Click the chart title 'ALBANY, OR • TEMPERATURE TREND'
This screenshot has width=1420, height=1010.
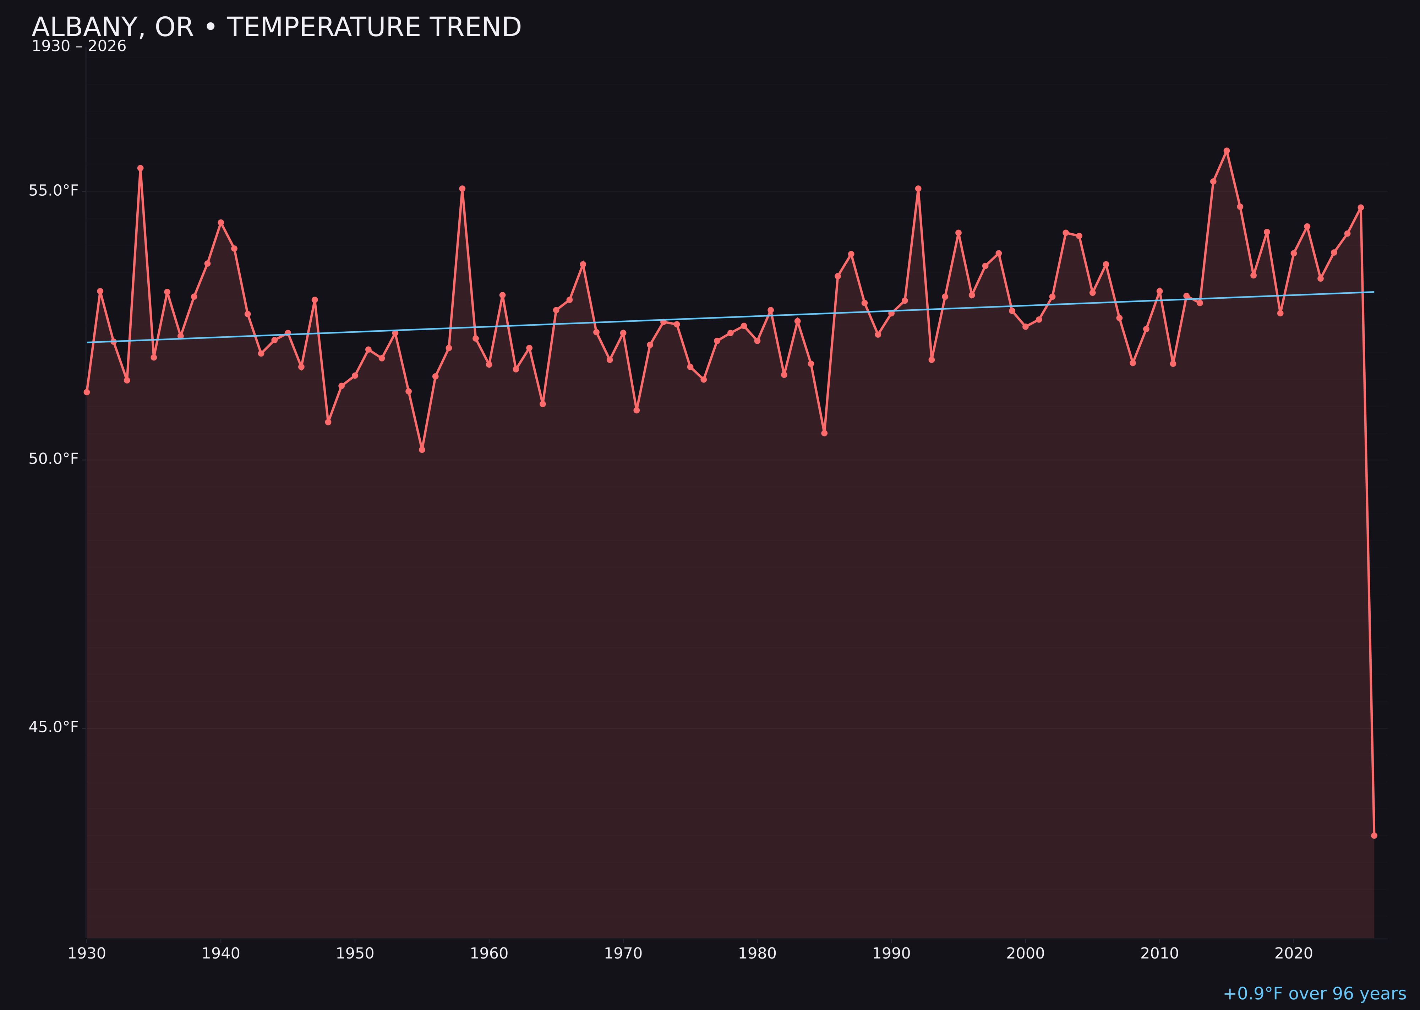(276, 27)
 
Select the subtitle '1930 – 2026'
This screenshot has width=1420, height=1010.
(79, 47)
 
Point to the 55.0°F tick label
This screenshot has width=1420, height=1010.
(54, 190)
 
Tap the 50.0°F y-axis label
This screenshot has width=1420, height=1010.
(54, 459)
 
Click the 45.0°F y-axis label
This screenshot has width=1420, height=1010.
(54, 727)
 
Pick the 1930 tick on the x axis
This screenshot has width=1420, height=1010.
(87, 954)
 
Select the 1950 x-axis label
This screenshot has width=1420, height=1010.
(355, 954)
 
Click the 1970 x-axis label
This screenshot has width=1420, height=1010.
(623, 954)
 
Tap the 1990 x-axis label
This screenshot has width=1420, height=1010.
(891, 954)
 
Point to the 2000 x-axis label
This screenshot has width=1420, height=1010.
(1025, 954)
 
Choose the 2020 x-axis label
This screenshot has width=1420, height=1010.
(1294, 954)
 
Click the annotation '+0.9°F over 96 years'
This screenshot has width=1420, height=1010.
(1314, 994)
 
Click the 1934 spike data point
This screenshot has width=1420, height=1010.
(141, 168)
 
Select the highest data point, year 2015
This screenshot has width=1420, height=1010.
(1227, 151)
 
